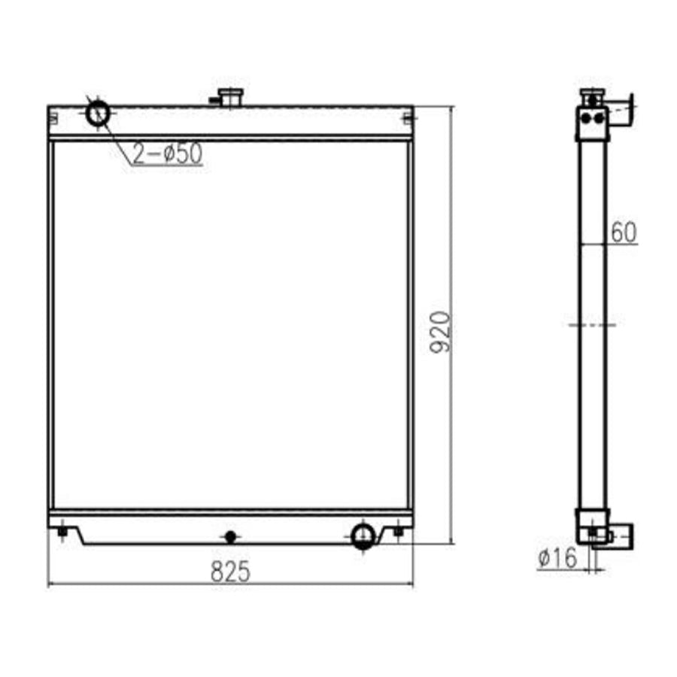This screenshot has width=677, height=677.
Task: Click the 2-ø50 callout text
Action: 168,153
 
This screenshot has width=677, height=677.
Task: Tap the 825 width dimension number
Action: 229,572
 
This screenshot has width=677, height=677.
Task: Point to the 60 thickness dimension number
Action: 624,233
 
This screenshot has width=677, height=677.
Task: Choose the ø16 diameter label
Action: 557,558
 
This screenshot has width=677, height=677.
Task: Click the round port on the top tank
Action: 99,114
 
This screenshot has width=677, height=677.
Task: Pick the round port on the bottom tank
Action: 363,535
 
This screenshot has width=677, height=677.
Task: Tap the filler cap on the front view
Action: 229,96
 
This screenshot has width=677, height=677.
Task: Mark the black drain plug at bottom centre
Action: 230,536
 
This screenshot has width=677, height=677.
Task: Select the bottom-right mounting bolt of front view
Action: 398,532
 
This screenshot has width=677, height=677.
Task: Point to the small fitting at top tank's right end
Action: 407,117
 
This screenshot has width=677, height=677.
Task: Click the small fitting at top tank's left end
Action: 55,117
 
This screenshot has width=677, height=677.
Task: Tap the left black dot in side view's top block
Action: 587,117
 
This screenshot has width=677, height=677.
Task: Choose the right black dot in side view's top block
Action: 598,117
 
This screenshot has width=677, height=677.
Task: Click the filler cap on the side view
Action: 593,96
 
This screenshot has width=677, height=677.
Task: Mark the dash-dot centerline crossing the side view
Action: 592,325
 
